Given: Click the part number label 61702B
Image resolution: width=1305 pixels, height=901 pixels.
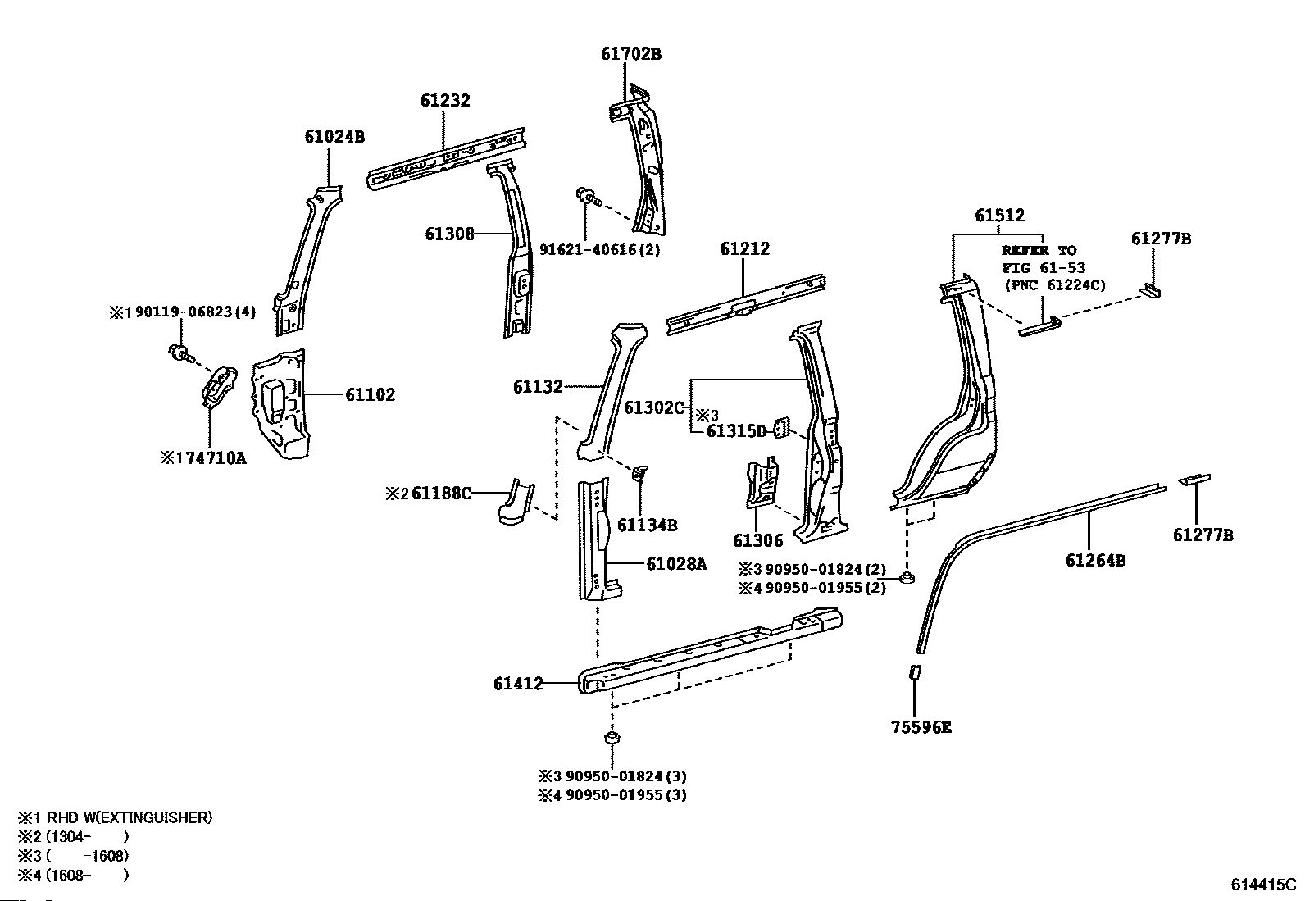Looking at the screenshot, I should pos(630,54).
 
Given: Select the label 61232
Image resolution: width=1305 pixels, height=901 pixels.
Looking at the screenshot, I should pos(445,100).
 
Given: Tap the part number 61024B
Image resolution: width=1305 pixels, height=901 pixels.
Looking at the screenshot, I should pos(334,136).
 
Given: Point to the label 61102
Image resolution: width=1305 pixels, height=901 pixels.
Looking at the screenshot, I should pos(370,395).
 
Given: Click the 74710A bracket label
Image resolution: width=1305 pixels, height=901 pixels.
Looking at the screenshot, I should pos(208,458).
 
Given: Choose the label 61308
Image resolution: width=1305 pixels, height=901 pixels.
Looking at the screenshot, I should pos(449,234).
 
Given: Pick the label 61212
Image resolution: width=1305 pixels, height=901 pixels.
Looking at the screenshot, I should pos(744,248).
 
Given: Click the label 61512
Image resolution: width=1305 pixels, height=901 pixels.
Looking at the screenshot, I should pos(999,216).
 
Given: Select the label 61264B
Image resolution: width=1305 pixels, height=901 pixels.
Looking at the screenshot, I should pos(1095,561).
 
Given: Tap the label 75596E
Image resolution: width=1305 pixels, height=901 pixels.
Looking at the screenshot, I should pos(921,727).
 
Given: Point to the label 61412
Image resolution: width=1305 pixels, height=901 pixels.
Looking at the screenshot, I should pos(518,683).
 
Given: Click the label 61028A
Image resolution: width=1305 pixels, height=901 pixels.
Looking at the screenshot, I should pos(676,563).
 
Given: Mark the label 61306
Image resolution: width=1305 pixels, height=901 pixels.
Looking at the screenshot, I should pos(757,540).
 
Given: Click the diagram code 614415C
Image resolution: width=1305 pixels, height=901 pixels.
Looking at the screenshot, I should pos(1262,885).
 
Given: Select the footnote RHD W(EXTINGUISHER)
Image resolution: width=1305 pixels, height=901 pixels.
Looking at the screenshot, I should pos(129,817).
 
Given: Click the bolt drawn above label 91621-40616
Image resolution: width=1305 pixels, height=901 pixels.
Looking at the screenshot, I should pos(587,196).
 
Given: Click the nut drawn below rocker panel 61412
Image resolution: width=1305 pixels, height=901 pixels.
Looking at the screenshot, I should pos(611,739).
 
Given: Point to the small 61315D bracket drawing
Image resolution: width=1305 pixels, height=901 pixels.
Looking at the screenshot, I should pos(782,428).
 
